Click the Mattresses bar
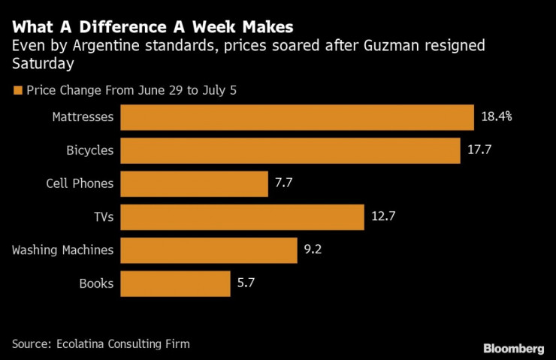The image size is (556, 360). coord(297,117)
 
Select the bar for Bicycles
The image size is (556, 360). coord(290,150)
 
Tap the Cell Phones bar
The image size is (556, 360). coord(194,183)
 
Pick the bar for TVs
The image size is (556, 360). coord(242,216)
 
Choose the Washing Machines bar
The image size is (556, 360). coord(208,250)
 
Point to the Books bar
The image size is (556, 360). coord(175,283)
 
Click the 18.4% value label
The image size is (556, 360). coord(497,117)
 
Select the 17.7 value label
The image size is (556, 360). coord(479,150)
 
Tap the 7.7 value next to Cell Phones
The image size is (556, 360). coord(284,183)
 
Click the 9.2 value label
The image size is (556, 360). coord(313,250)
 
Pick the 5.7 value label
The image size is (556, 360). coord(246,283)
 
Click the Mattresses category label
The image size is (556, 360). coord(83,117)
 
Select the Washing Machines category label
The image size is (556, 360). coord(62,250)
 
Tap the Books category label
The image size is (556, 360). coord(96,283)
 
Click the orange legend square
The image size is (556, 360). coord(18,90)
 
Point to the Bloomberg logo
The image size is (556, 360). coord(513,348)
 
